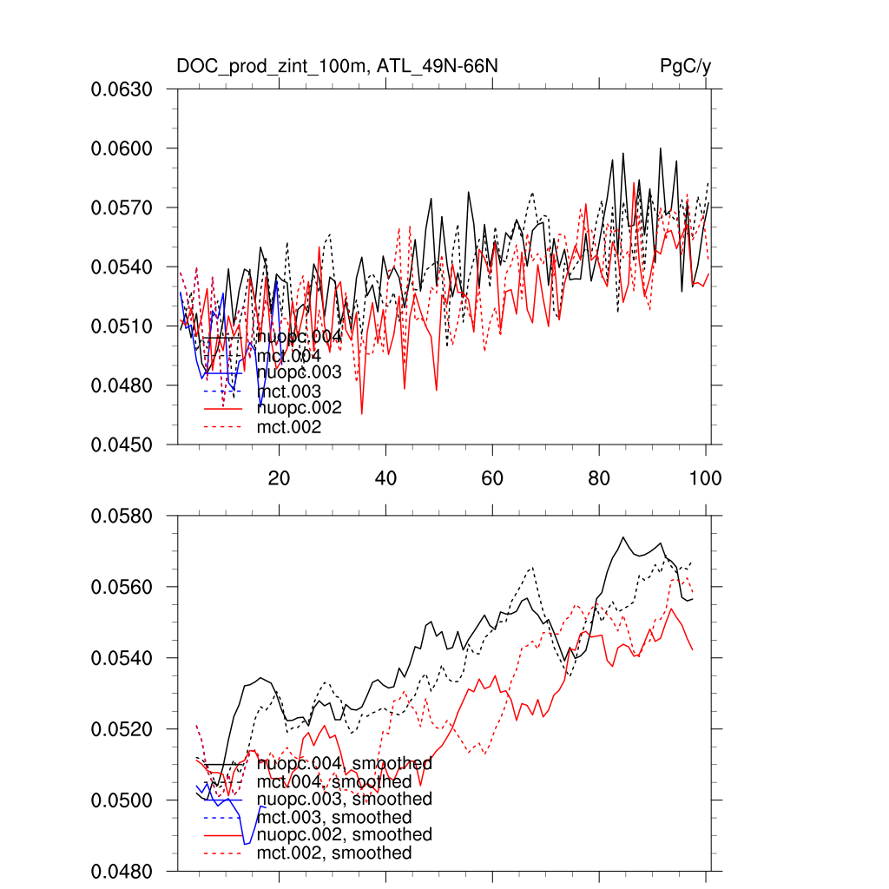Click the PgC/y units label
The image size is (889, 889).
[x=686, y=66]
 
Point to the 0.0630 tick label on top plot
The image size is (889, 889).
[x=122, y=89]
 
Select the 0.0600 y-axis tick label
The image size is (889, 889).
[x=122, y=148]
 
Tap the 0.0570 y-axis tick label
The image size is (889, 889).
[x=122, y=207]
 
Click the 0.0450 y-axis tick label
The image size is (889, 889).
[x=122, y=444]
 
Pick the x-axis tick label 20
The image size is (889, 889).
[x=279, y=477]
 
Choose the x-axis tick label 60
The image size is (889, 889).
[x=492, y=477]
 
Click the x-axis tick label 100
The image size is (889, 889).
[x=705, y=477]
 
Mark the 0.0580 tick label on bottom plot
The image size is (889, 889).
[x=122, y=516]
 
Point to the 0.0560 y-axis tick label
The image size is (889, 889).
[x=122, y=587]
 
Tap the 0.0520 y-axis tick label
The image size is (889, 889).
[x=122, y=729]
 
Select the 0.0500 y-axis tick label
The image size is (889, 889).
[x=122, y=800]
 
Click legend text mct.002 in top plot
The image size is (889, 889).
[x=289, y=427]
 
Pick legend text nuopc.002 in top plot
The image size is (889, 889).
[x=299, y=408]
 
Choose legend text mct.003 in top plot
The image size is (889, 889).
[x=289, y=392]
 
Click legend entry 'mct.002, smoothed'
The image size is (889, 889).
[x=334, y=853]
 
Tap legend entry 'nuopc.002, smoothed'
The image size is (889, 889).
[x=344, y=834]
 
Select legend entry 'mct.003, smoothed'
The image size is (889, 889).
[x=334, y=818]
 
